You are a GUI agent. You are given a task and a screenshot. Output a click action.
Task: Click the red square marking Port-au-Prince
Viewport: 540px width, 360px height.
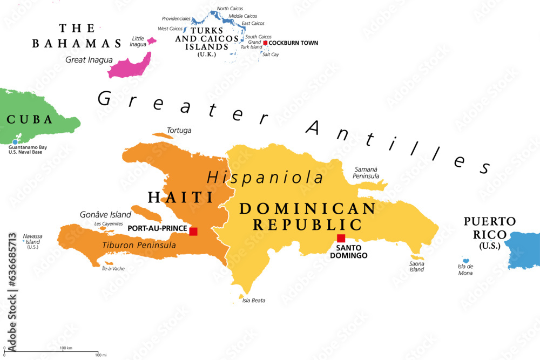click(193, 232)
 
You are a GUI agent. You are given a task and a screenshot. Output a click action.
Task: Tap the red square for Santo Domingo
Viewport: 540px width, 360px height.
click(341, 239)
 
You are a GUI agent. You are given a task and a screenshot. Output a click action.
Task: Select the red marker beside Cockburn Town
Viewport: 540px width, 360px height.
click(265, 43)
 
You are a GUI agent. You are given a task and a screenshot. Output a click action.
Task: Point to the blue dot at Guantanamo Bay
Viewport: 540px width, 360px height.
click(15, 142)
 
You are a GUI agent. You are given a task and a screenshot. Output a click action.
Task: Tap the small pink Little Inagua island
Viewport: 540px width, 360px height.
click(151, 40)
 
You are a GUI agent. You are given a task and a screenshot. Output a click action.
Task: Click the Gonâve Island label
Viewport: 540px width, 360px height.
click(106, 215)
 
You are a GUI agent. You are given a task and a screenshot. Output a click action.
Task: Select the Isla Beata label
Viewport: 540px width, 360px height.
click(254, 301)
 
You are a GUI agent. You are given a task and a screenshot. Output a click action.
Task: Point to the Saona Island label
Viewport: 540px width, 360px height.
click(416, 267)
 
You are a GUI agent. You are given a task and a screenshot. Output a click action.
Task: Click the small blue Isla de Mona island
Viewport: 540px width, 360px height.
click(465, 261)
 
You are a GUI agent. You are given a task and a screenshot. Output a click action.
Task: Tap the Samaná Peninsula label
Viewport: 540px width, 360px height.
click(366, 173)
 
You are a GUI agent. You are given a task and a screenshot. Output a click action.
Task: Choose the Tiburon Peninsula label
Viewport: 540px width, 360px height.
click(139, 245)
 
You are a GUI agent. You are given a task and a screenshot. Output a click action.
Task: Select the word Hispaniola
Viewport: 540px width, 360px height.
click(266, 177)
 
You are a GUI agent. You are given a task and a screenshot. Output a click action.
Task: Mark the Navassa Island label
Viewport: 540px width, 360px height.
click(32, 241)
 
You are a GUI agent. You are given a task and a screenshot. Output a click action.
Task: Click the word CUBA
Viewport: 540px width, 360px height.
click(29, 119)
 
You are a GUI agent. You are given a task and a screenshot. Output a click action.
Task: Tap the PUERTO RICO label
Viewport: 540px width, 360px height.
click(490, 228)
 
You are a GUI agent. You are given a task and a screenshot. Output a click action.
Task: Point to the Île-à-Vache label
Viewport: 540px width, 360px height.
click(114, 268)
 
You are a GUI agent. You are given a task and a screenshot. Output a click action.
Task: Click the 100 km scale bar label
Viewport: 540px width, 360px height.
click(66, 348)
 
